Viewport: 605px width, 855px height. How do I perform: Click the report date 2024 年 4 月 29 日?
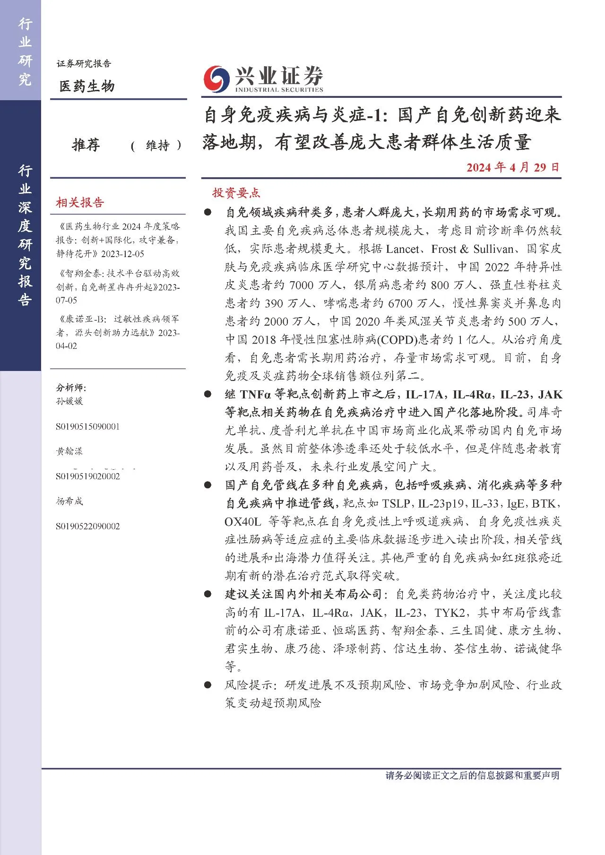click(x=512, y=167)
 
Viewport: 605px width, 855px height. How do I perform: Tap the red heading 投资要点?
click(x=236, y=193)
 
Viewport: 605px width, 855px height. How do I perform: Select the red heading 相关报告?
click(x=80, y=203)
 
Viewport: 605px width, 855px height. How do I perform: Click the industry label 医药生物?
click(x=87, y=86)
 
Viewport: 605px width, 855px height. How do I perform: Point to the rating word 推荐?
click(x=86, y=145)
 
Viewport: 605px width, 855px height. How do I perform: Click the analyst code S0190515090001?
click(x=88, y=426)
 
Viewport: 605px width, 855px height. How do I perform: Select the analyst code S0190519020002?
click(x=88, y=476)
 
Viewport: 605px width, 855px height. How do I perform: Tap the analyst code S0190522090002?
click(x=88, y=526)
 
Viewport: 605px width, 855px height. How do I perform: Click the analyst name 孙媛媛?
click(x=69, y=401)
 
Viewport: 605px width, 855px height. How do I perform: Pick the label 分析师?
click(x=71, y=388)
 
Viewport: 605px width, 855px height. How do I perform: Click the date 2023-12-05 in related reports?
click(x=122, y=254)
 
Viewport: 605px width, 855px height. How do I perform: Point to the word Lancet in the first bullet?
click(x=402, y=249)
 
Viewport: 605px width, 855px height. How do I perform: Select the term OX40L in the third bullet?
click(x=243, y=522)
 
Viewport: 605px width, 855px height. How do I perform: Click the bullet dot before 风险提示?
click(x=207, y=685)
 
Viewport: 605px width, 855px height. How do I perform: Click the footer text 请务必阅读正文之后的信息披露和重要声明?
click(x=472, y=776)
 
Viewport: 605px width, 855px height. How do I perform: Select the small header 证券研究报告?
click(x=84, y=64)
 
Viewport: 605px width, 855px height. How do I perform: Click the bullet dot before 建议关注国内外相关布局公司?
click(x=207, y=594)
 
